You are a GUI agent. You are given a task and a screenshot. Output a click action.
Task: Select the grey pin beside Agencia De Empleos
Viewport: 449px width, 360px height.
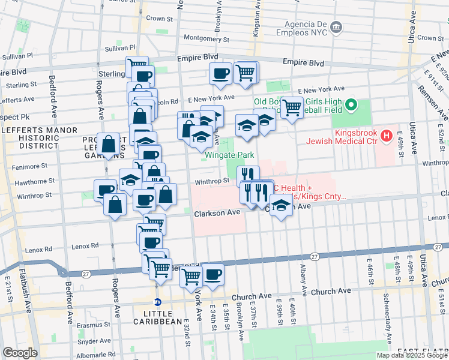coord(336,27)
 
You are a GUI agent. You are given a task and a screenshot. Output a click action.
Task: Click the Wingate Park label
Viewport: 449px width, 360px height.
coord(226,154)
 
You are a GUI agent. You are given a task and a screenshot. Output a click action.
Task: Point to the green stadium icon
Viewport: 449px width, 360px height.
coord(351,106)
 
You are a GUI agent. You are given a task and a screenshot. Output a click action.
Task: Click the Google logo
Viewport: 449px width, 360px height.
coord(20,353)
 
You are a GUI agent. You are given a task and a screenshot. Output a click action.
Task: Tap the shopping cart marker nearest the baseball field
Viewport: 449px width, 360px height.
coord(292,108)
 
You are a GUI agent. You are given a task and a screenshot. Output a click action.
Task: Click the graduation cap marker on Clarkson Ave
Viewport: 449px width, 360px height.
coord(280,206)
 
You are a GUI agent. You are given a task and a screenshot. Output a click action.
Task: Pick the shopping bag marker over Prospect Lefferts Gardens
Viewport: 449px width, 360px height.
coord(109,144)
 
